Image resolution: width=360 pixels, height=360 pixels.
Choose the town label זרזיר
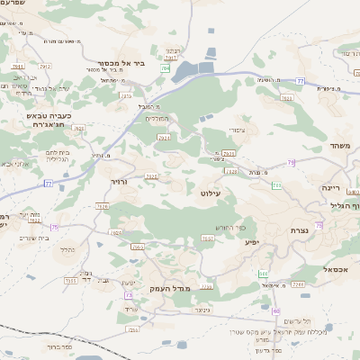point(121,181)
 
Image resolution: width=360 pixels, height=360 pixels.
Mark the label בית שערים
point(33,238)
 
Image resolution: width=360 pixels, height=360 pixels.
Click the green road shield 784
point(165,67)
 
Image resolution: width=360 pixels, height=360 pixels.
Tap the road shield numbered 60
point(275,310)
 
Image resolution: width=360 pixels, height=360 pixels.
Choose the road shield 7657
point(208,239)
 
